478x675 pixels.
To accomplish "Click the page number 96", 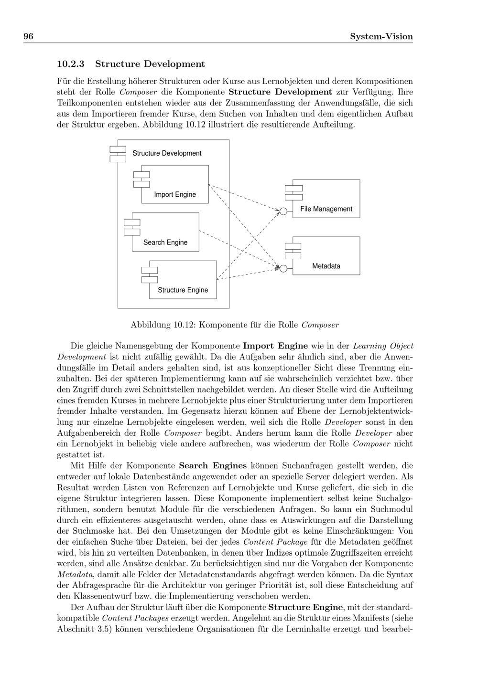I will tap(28, 37).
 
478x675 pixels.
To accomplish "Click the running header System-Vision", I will tap(381, 37).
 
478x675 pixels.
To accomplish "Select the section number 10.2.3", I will tap(71, 64).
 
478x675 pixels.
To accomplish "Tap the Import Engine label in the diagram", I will tap(175, 195).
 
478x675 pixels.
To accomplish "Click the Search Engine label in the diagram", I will tap(165, 243).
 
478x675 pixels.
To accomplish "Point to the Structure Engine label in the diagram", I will tap(183, 290).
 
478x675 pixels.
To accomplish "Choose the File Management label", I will tap(326, 209).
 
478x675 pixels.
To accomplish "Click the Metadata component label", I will tap(326, 266).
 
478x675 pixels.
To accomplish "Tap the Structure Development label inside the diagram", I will tap(167, 153).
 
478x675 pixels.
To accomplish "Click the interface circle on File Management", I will tap(283, 211).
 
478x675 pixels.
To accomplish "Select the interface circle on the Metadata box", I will tap(283, 269).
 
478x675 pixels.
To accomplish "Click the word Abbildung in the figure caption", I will tap(149, 325).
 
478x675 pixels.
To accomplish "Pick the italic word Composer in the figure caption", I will tap(320, 325).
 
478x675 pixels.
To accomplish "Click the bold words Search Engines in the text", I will tap(213, 465).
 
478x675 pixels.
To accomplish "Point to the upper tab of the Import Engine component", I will tap(141, 175).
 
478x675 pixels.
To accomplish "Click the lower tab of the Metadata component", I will tap(293, 255).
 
